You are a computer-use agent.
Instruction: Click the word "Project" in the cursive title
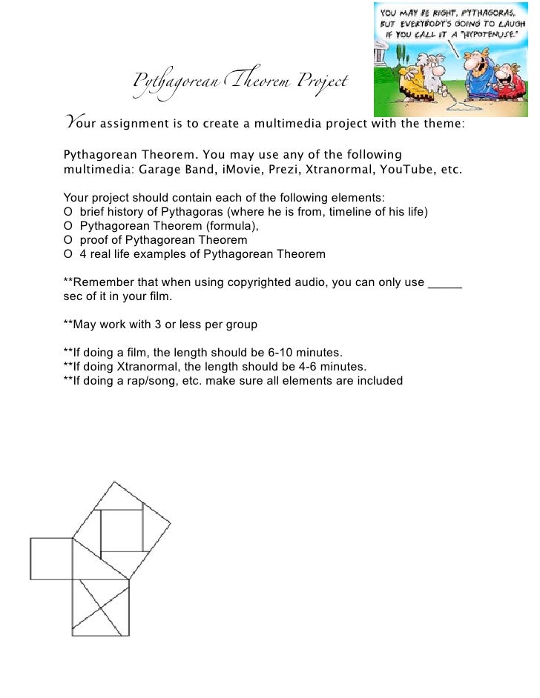click(322, 82)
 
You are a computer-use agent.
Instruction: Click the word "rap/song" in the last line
click(148, 380)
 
